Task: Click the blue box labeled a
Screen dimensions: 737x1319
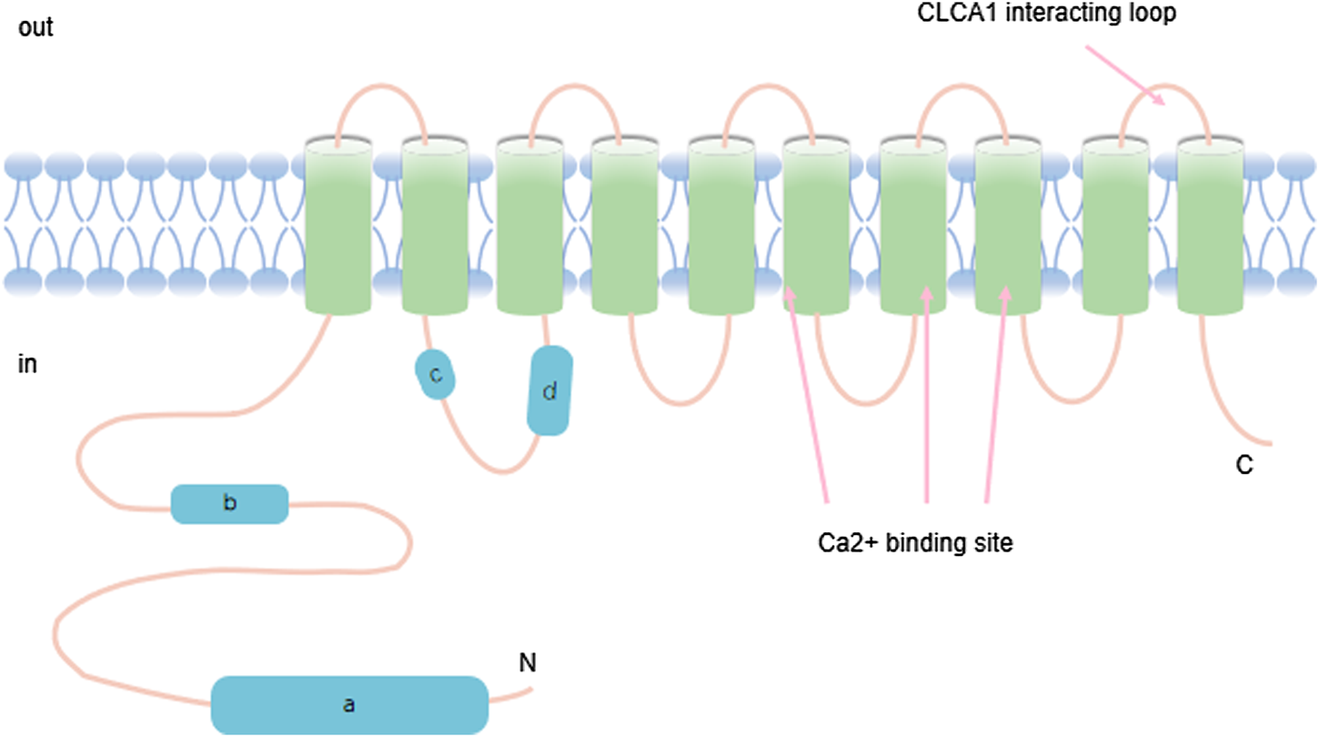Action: coord(349,704)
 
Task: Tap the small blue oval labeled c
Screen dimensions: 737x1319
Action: coord(436,374)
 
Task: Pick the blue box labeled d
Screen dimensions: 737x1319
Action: coord(549,391)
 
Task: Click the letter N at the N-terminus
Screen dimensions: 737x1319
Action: coord(527,664)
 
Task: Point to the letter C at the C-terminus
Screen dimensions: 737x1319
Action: coord(1244,466)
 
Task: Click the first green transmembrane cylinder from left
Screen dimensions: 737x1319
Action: coord(337,224)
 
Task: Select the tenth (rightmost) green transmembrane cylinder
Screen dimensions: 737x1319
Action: coord(1208,224)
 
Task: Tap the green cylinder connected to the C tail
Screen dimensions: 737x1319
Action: coord(1208,224)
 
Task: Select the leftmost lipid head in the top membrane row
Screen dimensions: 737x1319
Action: coord(22,165)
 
